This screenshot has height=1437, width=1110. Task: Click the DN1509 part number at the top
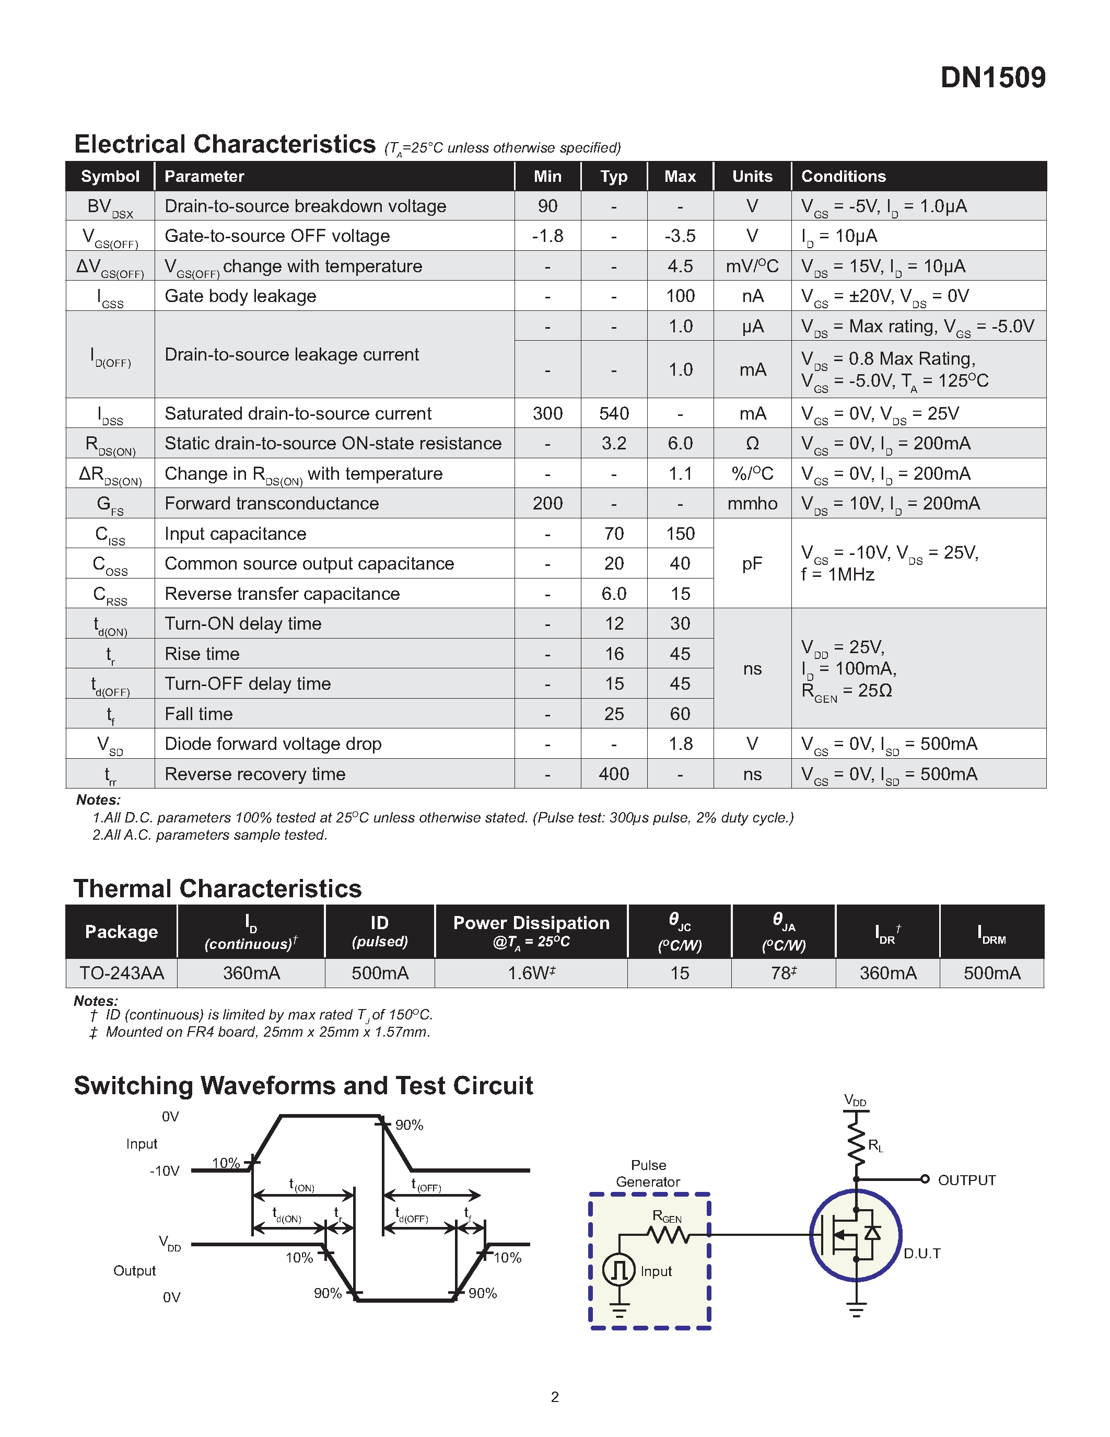[992, 78]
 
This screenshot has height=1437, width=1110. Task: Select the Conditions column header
[843, 176]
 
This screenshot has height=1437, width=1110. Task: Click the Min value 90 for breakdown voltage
[547, 206]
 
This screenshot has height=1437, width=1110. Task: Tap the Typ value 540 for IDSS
[614, 413]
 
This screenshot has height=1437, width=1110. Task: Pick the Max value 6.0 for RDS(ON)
[680, 444]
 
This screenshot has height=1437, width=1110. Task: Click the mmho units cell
[752, 503]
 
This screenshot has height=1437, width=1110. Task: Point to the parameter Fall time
[198, 714]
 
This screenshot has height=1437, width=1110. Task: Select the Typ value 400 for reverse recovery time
[614, 774]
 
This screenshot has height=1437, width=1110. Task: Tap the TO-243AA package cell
[122, 973]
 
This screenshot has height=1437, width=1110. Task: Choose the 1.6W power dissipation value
[531, 973]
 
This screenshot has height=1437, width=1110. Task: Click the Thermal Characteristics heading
[218, 889]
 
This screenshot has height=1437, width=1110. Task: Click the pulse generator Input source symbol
[619, 1270]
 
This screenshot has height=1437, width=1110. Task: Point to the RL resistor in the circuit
[856, 1143]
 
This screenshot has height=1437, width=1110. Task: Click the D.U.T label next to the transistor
[921, 1254]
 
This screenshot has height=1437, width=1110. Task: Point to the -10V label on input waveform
[165, 1171]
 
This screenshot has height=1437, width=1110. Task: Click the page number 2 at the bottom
[555, 1396]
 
